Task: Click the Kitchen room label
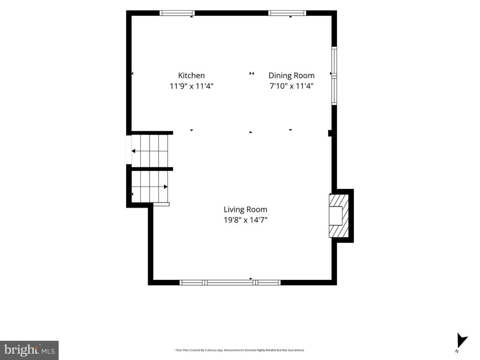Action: pyautogui.click(x=191, y=75)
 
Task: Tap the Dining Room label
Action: pyautogui.click(x=292, y=75)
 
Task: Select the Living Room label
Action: pyautogui.click(x=246, y=210)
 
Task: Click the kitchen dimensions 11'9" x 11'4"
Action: pyautogui.click(x=191, y=86)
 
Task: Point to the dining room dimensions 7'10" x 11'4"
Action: pyautogui.click(x=292, y=86)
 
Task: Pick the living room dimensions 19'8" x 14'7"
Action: pyautogui.click(x=246, y=220)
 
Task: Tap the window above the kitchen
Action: pyautogui.click(x=177, y=13)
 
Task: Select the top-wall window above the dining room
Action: pyautogui.click(x=287, y=13)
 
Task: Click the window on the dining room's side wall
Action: pyautogui.click(x=334, y=75)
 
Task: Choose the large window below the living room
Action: pyautogui.click(x=230, y=282)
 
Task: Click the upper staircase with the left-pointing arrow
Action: pyautogui.click(x=150, y=151)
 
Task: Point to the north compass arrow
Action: pyautogui.click(x=462, y=341)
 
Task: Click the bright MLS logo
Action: pyautogui.click(x=30, y=350)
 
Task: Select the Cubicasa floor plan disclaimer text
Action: pyautogui.click(x=240, y=350)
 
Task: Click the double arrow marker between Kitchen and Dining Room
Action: pyautogui.click(x=252, y=74)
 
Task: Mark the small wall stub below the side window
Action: pyautogui.click(x=330, y=133)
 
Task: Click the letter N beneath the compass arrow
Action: pyautogui.click(x=457, y=351)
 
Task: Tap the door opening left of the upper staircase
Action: pyautogui.click(x=129, y=150)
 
